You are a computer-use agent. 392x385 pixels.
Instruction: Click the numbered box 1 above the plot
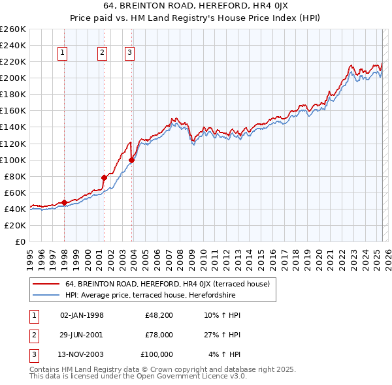pyautogui.click(x=63, y=54)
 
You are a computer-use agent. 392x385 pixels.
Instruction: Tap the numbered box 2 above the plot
pyautogui.click(x=103, y=54)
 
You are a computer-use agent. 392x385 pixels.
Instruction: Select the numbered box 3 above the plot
pyautogui.click(x=130, y=54)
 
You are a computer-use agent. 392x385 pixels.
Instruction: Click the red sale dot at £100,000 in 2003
pyautogui.click(x=132, y=159)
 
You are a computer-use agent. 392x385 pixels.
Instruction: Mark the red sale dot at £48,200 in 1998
pyautogui.click(x=64, y=202)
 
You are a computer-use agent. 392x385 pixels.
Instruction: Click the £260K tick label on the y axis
pyautogui.click(x=13, y=29)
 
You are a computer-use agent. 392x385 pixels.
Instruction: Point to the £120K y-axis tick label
pyautogui.click(x=13, y=144)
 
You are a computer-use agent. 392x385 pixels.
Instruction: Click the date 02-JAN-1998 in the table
pyautogui.click(x=82, y=316)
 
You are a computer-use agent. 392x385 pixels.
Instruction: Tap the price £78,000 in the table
pyautogui.click(x=159, y=335)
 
